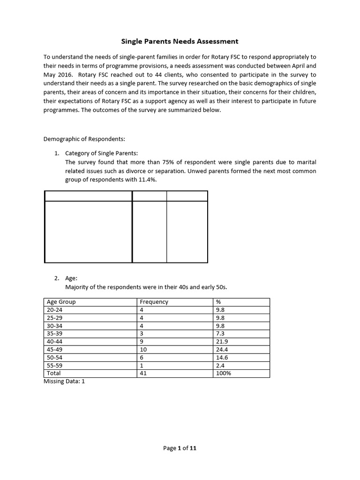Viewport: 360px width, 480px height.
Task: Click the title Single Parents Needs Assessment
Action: coord(180,41)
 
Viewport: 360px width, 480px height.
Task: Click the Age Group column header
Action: coord(61,302)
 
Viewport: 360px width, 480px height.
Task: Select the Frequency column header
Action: coord(154,302)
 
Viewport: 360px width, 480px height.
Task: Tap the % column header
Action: coord(218,302)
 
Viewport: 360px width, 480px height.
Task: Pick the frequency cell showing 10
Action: coord(143,350)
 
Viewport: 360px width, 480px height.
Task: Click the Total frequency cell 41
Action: coord(143,374)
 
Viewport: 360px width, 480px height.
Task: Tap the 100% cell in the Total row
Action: coord(223,374)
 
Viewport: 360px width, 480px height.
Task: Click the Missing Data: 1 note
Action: coord(64,382)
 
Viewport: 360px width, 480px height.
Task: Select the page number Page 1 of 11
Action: coord(180,448)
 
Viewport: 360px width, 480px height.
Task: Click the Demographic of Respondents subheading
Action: coord(84,139)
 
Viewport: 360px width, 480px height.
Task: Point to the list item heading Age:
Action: coord(71,278)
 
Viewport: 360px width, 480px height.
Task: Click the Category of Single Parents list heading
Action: coord(102,153)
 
